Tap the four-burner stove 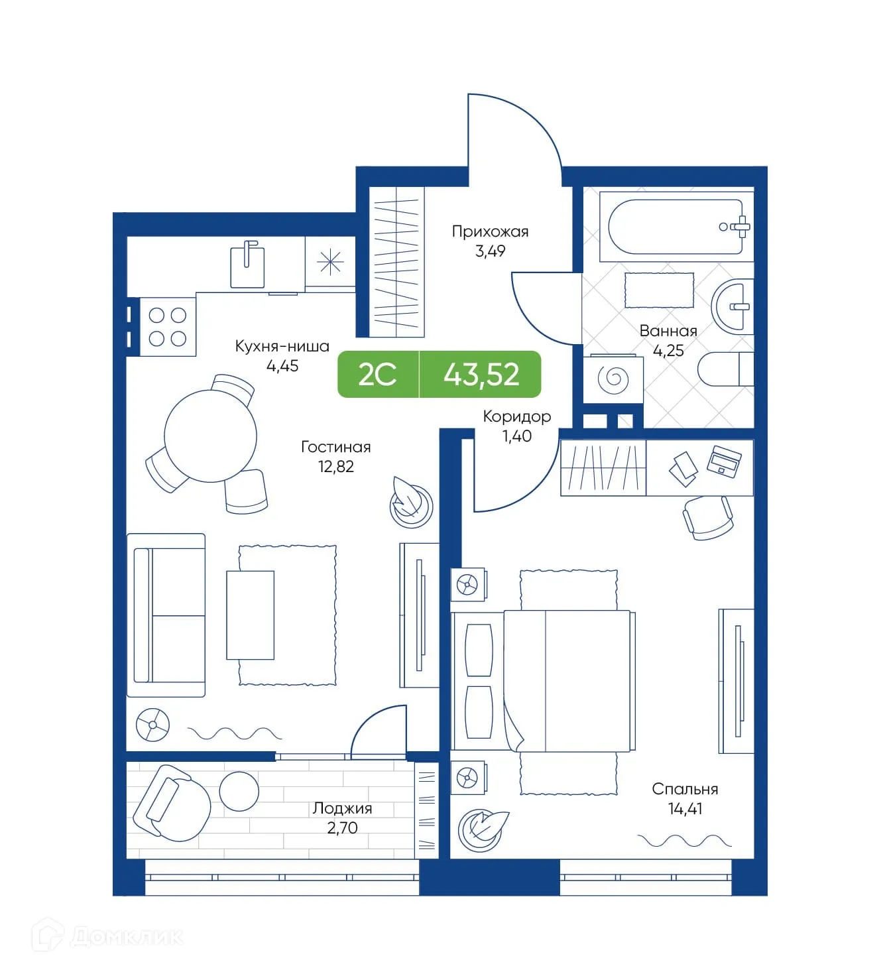168,327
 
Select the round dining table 210,436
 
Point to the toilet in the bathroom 725,369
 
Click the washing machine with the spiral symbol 613,379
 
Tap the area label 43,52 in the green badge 481,375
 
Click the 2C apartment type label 377,375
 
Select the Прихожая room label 490,231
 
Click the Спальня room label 685,789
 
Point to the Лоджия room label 342,808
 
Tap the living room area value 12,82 336,467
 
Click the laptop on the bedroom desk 724,460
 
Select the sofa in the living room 166,615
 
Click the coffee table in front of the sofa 250,615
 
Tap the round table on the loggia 239,791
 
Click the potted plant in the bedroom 483,828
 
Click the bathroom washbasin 733,306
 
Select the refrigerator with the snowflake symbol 329,263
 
